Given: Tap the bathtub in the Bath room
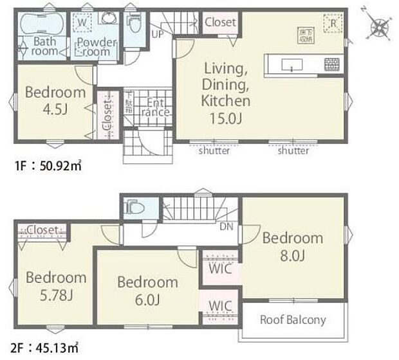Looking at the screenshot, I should (x=41, y=27).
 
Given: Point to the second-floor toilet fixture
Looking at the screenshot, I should (x=133, y=208).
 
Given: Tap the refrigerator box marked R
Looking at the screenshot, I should (x=333, y=22).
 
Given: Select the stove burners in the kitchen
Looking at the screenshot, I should (x=332, y=65).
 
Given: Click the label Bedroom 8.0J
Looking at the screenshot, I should (x=292, y=248).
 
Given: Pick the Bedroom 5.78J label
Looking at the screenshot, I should (x=55, y=287).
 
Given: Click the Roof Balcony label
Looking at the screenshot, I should (x=292, y=319).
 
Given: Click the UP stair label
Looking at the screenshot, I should (x=156, y=33).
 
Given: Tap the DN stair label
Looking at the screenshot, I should (x=226, y=226).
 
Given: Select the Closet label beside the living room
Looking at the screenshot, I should (x=220, y=22).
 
